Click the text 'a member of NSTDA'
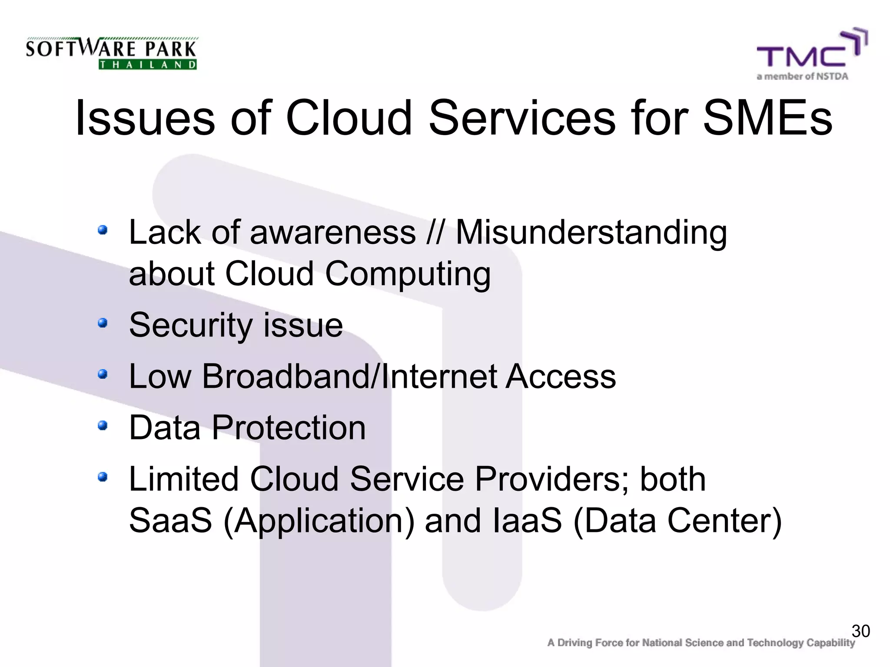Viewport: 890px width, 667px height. click(x=802, y=77)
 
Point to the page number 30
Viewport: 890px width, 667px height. click(x=860, y=631)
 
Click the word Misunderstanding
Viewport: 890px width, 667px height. click(x=591, y=233)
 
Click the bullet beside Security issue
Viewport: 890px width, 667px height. click(x=103, y=323)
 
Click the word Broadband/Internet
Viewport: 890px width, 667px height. click(x=349, y=376)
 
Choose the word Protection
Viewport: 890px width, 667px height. click(x=289, y=428)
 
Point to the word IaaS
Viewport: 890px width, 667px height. click(x=528, y=521)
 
